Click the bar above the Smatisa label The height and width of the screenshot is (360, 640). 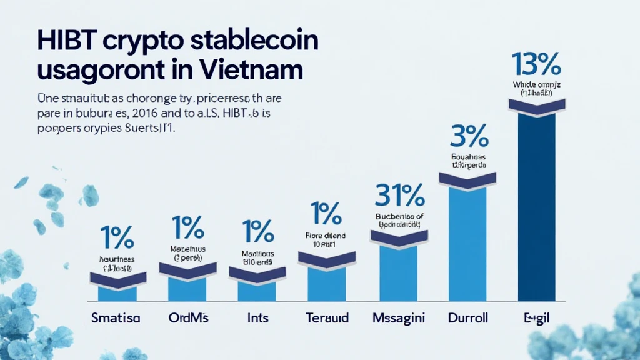(117, 292)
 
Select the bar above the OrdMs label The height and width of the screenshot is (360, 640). (187, 288)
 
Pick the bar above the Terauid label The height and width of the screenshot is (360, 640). (326, 284)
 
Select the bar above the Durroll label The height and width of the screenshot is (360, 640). (467, 244)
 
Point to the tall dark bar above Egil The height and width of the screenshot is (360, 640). (536, 206)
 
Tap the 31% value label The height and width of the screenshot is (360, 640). (399, 196)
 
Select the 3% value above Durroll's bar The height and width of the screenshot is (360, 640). (468, 136)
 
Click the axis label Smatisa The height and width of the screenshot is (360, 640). (116, 318)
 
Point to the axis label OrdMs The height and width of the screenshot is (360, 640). (187, 318)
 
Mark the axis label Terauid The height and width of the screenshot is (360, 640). (326, 318)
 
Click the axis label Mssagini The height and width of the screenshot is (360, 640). (397, 318)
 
